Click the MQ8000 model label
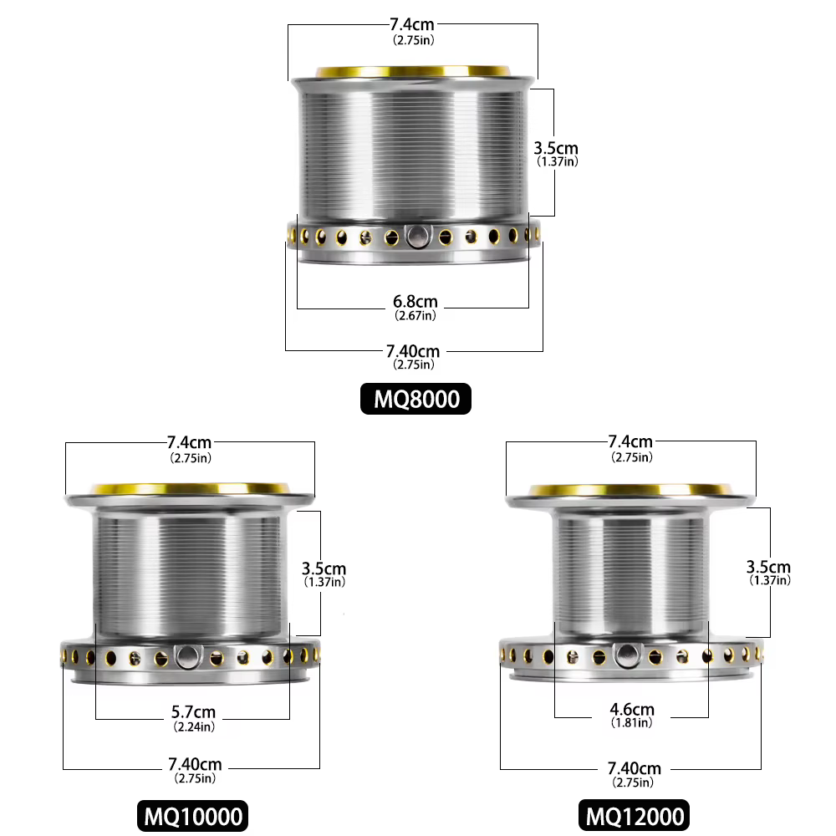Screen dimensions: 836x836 415,399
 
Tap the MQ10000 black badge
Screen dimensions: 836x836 192,816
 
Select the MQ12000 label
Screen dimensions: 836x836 634,816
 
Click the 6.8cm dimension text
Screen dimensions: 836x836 415,301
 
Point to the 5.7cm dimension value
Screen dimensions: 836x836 194,711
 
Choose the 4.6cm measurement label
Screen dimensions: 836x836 632,710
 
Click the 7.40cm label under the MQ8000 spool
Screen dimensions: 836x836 413,351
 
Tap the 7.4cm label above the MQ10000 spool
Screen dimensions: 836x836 189,442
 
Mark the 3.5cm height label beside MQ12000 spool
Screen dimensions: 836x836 768,567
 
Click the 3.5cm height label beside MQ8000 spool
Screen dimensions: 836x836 556,148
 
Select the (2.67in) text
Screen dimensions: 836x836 415,316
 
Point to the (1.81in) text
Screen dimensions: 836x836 632,723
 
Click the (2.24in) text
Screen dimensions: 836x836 194,726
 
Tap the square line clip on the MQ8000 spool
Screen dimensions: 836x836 417,236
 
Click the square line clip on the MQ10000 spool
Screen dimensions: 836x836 187,657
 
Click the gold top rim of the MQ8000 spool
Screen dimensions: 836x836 413,72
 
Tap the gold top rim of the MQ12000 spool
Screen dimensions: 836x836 630,490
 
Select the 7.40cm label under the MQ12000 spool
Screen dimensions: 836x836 634,768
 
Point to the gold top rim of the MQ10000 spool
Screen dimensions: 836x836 191,489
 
